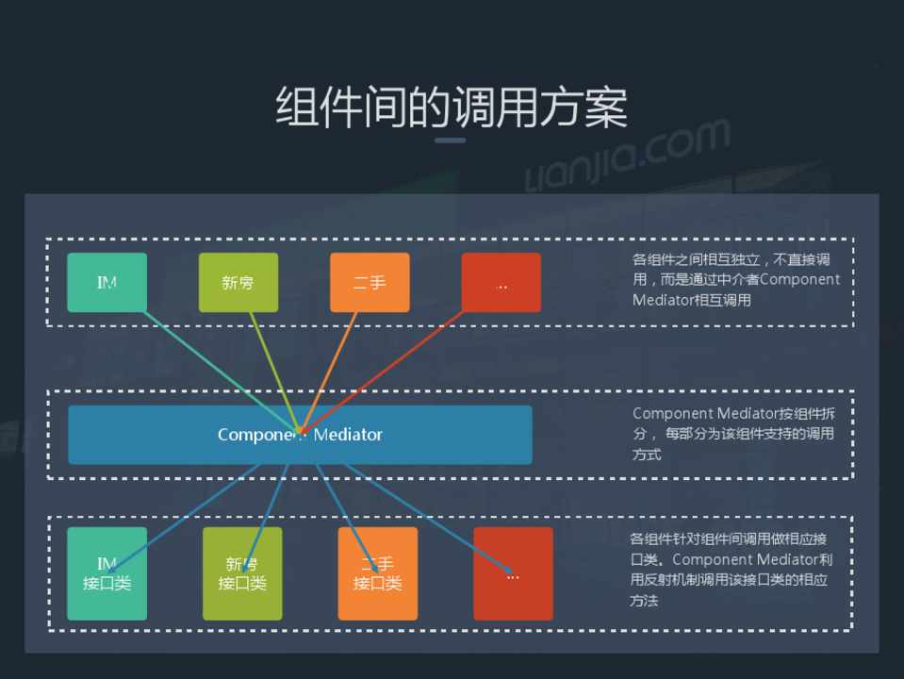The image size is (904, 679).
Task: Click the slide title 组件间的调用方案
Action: coord(452,107)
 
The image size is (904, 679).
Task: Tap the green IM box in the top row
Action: coord(107,282)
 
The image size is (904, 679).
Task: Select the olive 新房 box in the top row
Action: coord(238,282)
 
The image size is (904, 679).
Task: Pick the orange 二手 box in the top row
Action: coord(370,282)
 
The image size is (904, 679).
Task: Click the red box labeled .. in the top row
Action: coord(501,282)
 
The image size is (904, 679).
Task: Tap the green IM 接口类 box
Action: coord(107,573)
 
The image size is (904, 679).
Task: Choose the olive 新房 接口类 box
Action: coord(242,573)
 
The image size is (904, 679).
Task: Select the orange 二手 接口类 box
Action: coord(377,573)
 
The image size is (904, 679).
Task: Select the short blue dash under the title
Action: coord(450,141)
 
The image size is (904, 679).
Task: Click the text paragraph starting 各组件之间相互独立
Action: coord(736,279)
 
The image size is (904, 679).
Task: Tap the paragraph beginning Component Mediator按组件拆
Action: coord(733,434)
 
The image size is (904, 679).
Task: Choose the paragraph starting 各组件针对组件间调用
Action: coord(731,570)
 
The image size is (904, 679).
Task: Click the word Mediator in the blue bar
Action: coord(349,435)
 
